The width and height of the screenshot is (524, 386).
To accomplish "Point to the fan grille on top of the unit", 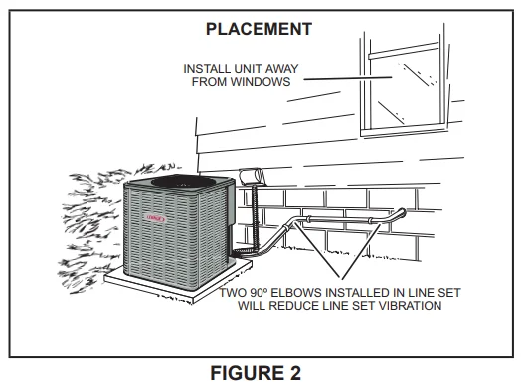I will [178, 186].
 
